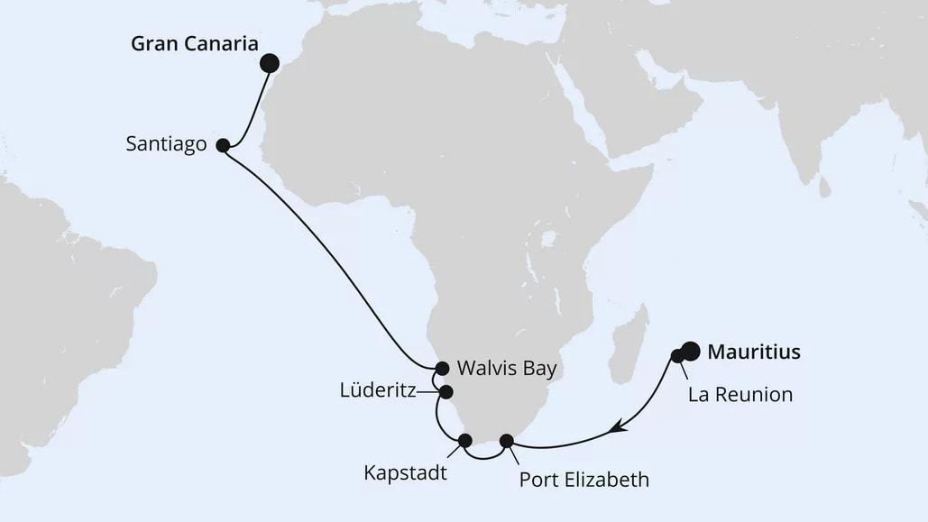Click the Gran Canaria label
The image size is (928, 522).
[195, 44]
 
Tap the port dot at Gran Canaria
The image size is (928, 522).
[269, 62]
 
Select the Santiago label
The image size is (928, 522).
[166, 144]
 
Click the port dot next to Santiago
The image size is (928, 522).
[223, 144]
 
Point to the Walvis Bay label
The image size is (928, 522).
[506, 368]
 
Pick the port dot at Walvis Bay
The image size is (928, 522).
[442, 368]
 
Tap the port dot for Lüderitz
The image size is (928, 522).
[446, 392]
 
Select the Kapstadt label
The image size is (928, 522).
[405, 472]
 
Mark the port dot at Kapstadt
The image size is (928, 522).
[465, 441]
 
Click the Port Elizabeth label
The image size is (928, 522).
[583, 479]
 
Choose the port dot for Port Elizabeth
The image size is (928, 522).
[507, 441]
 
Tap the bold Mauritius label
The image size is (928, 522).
[753, 352]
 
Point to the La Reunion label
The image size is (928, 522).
[740, 394]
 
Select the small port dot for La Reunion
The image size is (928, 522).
[677, 356]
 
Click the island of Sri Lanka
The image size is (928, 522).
[824, 188]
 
